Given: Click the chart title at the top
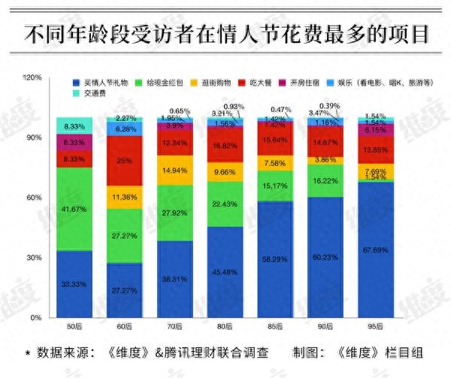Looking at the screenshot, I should [x=225, y=34].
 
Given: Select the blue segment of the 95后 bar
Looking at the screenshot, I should [x=376, y=248].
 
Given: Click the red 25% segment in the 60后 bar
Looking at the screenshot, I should [x=124, y=161].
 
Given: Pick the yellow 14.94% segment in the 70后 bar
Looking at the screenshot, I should [x=174, y=171].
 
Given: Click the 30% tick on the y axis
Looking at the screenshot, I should [x=34, y=258].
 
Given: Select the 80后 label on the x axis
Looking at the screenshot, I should [x=225, y=327].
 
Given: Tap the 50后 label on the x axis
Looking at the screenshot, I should [x=74, y=327].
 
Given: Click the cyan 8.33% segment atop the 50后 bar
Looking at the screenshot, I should [x=74, y=125].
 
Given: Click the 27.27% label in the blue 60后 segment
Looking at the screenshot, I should [x=124, y=289].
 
